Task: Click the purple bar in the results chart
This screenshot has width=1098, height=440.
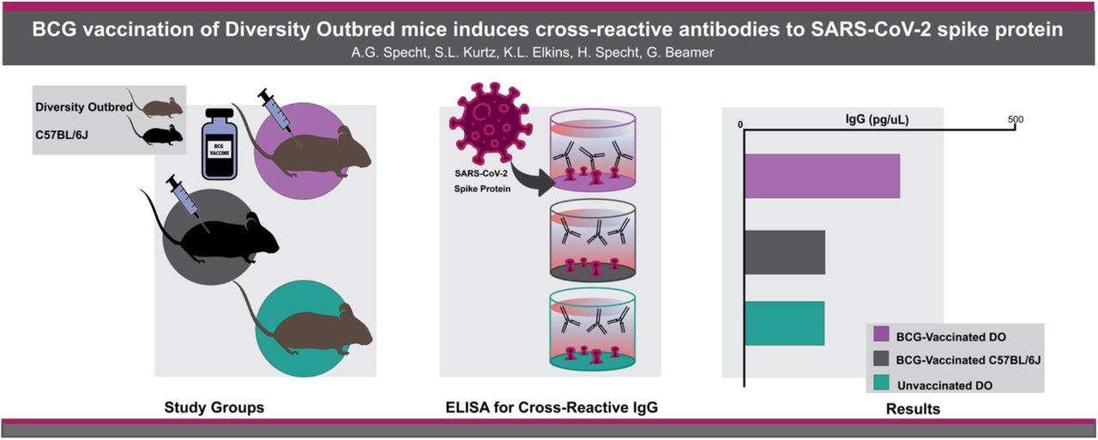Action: (822, 176)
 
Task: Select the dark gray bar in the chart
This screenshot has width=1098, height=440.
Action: (784, 252)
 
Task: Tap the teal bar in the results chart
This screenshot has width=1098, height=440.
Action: (784, 323)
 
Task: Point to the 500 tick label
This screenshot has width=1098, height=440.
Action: (1015, 119)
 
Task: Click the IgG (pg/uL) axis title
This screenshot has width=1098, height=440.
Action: (877, 120)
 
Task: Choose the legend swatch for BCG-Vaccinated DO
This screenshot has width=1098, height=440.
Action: (881, 336)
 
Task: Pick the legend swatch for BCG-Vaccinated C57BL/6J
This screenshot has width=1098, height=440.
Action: (881, 361)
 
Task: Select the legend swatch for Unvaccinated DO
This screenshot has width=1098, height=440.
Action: (881, 385)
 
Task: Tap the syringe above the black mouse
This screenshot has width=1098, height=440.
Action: (184, 197)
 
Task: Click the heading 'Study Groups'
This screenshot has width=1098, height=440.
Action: (214, 408)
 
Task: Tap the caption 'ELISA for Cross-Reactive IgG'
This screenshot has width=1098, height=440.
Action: (548, 408)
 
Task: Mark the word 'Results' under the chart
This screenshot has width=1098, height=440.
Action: (913, 409)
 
